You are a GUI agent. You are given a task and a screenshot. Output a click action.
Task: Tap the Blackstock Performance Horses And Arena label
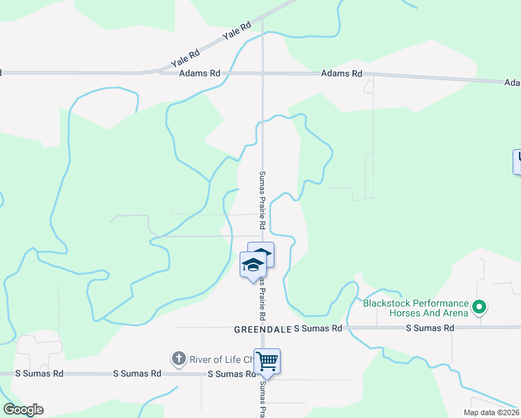tap(415, 308)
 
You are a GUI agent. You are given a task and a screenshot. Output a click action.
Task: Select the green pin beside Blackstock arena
tap(479, 307)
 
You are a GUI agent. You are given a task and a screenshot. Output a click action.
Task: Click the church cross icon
tap(178, 359)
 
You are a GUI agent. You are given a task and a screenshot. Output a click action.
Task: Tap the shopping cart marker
tap(267, 362)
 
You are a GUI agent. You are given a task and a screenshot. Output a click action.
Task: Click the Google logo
tap(23, 410)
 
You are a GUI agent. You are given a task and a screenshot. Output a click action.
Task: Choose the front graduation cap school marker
tap(252, 265)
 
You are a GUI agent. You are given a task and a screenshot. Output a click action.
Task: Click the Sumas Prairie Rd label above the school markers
tap(263, 201)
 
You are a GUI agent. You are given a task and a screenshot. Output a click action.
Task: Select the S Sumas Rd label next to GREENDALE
tap(318, 327)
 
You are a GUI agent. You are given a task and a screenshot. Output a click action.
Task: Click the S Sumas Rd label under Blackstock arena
tap(428, 327)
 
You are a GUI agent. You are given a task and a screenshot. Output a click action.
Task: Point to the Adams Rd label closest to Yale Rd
tap(200, 72)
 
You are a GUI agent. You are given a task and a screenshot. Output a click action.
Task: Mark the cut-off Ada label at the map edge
tap(512, 82)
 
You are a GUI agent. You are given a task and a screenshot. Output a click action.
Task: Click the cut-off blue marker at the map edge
tap(518, 162)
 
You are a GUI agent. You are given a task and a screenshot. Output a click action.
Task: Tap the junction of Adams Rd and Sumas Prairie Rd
tap(263, 72)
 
